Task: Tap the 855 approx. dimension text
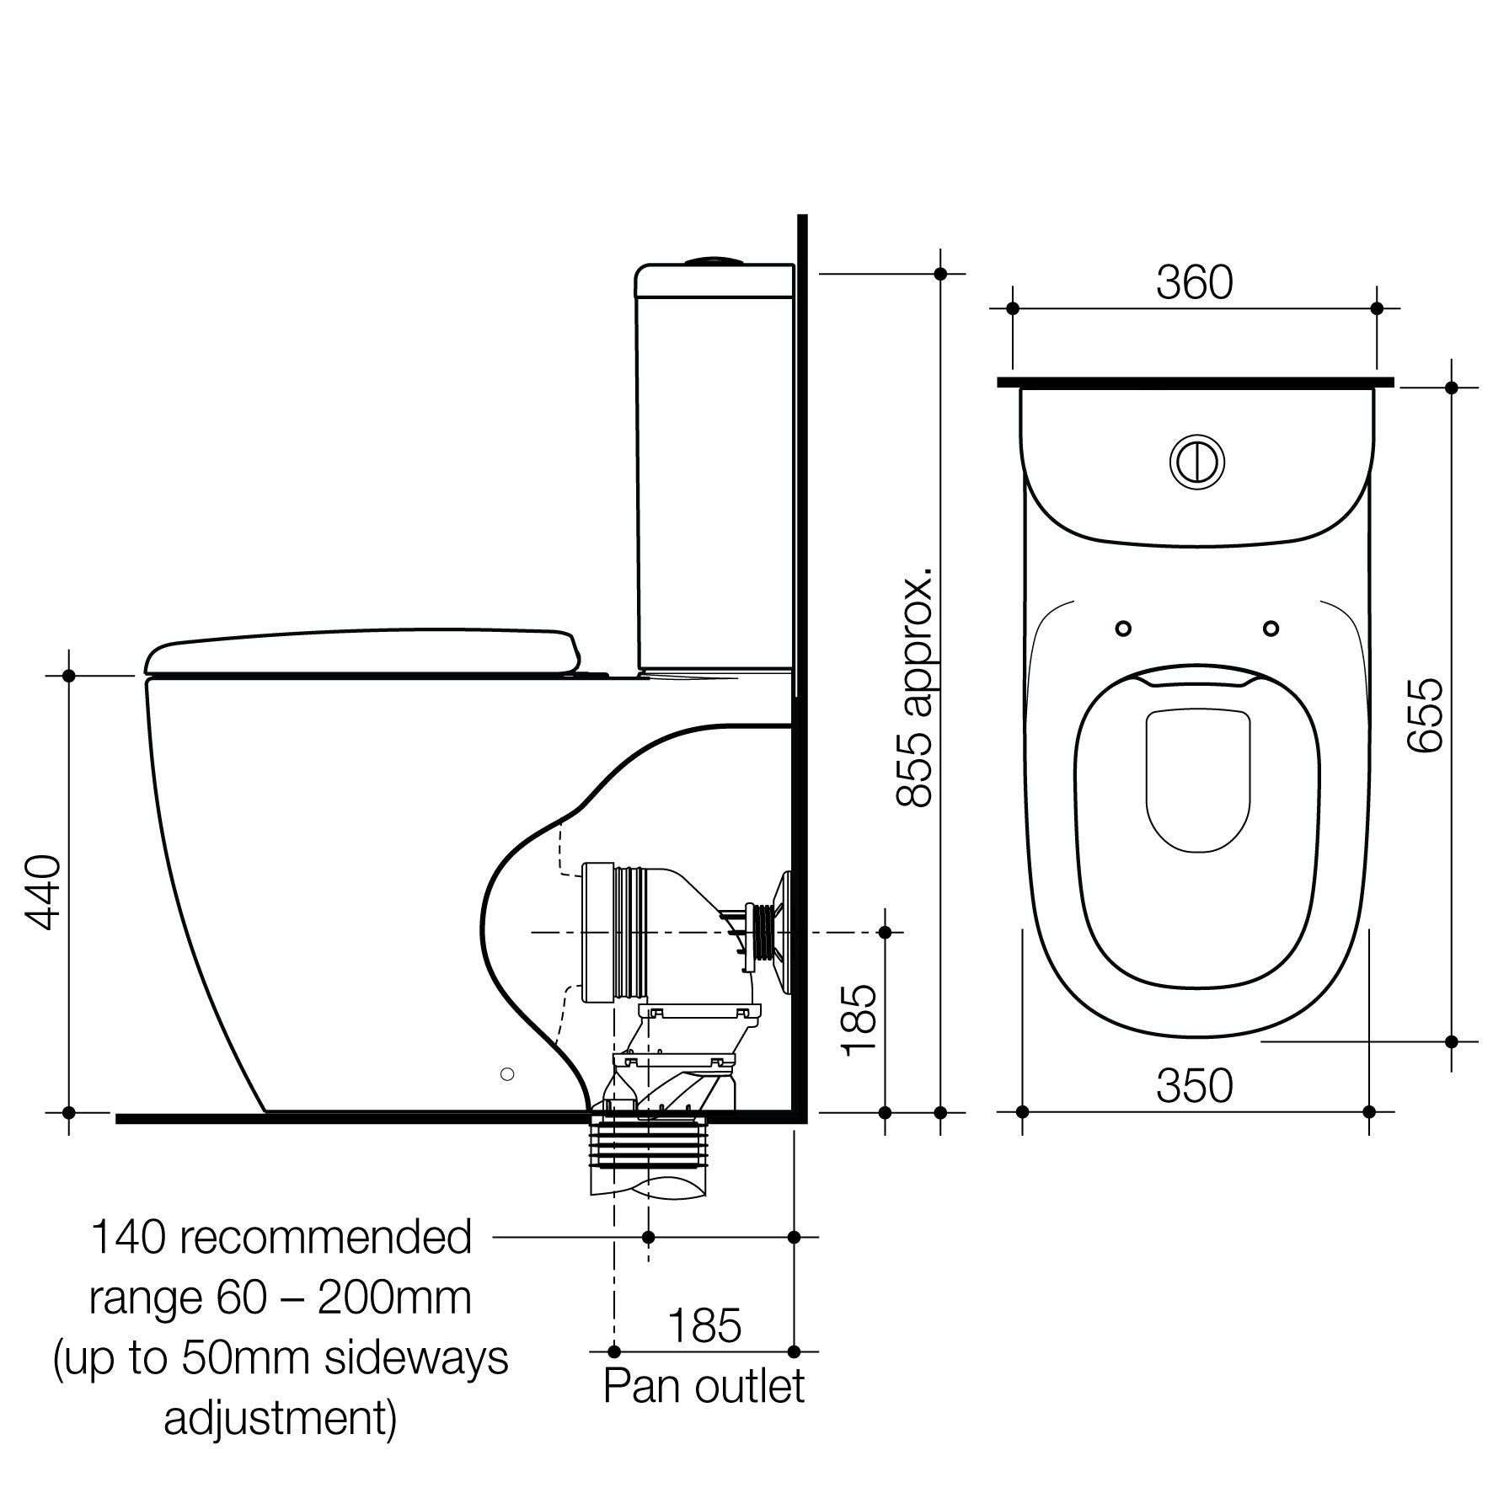point(915,687)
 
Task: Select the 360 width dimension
point(1194,283)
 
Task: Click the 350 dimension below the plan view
point(1194,1086)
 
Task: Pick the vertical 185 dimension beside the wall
point(860,1019)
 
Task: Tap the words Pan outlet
point(704,1386)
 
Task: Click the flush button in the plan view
point(1196,461)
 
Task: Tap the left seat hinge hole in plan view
point(1123,629)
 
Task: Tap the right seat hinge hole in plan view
point(1271,629)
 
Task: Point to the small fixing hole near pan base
point(506,1073)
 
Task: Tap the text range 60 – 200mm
point(281,1298)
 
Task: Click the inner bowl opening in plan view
point(1196,779)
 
